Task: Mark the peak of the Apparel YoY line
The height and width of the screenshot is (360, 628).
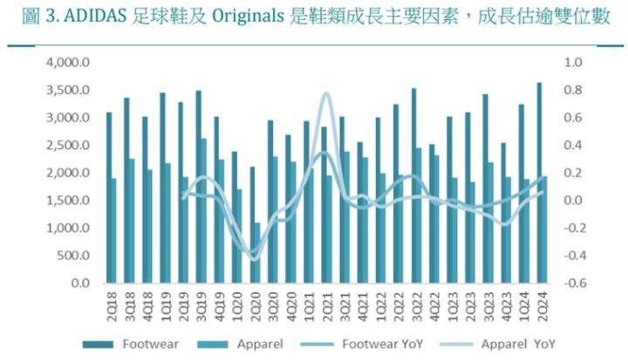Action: (x=326, y=93)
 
